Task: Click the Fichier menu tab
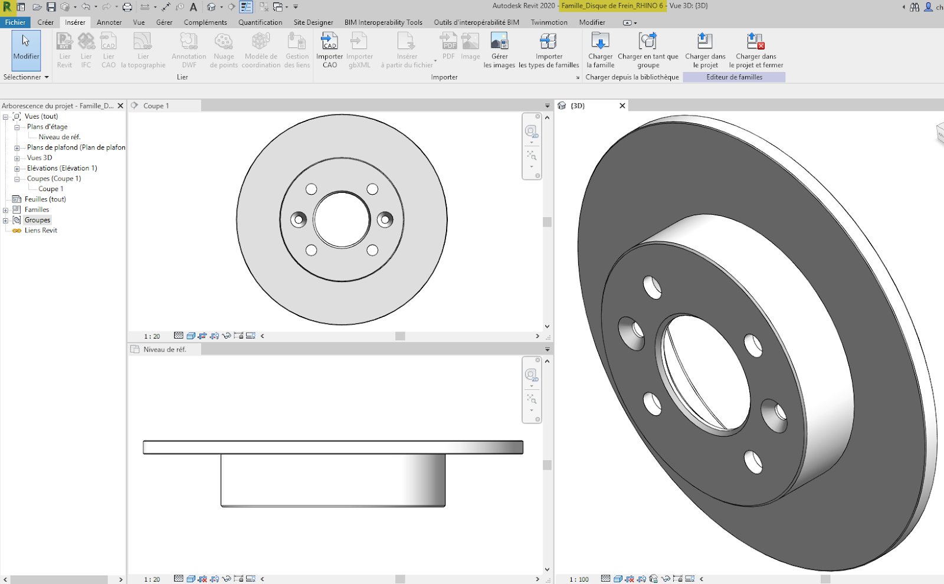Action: (x=15, y=22)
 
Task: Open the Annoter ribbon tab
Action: (x=109, y=22)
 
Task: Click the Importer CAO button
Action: (x=329, y=50)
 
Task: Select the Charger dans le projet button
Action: (x=705, y=50)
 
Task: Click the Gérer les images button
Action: (x=499, y=50)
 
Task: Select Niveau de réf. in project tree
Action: (x=59, y=137)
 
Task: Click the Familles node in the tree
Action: (x=37, y=209)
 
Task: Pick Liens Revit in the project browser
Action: (x=41, y=230)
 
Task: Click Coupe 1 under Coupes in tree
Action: (x=51, y=189)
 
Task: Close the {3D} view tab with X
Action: (x=622, y=106)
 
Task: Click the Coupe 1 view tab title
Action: (x=156, y=106)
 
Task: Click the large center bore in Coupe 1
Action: (x=342, y=219)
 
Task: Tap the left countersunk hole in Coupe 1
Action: (x=299, y=219)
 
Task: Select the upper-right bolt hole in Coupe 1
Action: (x=372, y=189)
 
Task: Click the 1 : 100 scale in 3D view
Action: (x=579, y=579)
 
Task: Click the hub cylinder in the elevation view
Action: (x=333, y=479)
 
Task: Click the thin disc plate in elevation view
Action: (x=333, y=447)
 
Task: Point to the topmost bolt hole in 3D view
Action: (x=652, y=287)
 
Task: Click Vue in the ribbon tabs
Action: (x=139, y=22)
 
